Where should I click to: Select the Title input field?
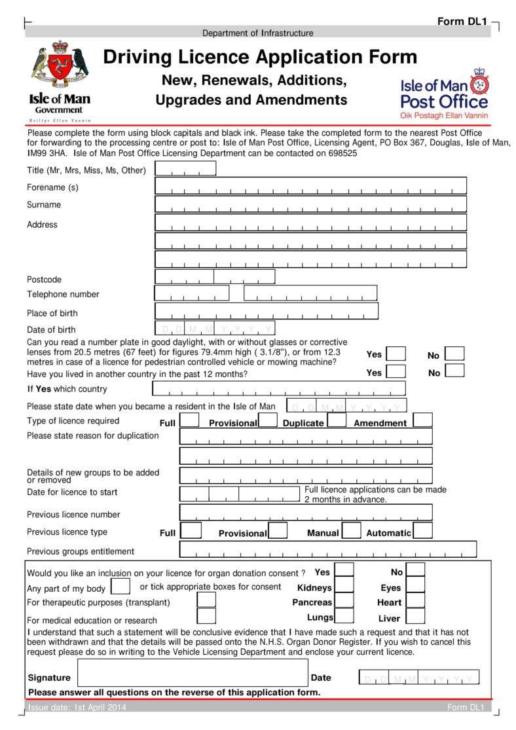(x=185, y=169)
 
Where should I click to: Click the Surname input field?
(x=310, y=205)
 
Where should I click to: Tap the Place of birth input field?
(x=267, y=311)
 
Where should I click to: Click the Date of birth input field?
(x=215, y=329)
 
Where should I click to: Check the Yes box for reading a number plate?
(x=396, y=354)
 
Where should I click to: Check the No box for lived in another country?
(x=454, y=371)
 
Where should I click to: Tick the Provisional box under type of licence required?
(x=268, y=420)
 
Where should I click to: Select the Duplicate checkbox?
(x=337, y=420)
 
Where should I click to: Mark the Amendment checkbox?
(x=422, y=420)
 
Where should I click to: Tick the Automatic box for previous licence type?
(x=422, y=530)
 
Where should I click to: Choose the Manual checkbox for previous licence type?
(x=351, y=530)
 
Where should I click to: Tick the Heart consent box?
(x=415, y=600)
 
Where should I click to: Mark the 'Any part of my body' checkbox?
(x=120, y=586)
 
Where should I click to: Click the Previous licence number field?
(x=306, y=512)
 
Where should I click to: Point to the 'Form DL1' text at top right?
(x=462, y=22)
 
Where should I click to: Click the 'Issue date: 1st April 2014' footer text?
(x=77, y=707)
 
